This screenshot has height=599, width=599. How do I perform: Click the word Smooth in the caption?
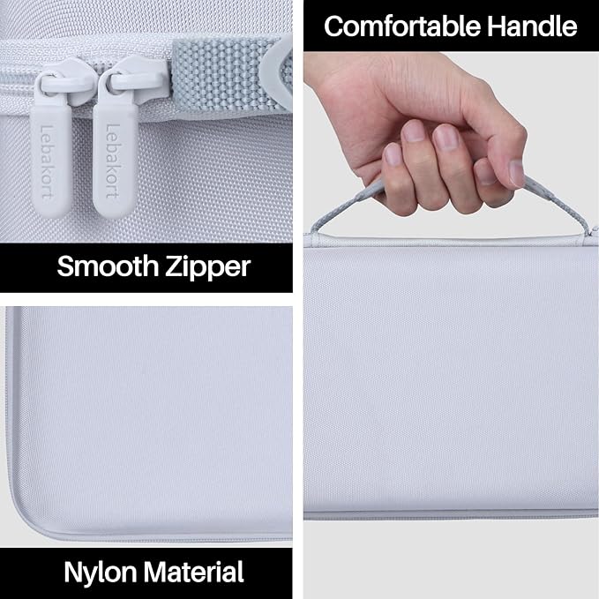(x=108, y=266)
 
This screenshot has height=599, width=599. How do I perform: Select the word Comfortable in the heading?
(x=401, y=26)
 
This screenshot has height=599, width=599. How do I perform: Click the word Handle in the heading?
(x=532, y=26)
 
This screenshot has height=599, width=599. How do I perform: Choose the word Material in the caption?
(x=194, y=572)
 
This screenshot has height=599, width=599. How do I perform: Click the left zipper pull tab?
(x=50, y=157)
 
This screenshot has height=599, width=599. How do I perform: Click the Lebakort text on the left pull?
(x=47, y=161)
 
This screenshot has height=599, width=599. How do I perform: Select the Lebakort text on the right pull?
(x=113, y=161)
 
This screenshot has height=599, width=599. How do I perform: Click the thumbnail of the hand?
(x=516, y=173)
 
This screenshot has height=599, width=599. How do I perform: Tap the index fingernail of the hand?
(x=446, y=137)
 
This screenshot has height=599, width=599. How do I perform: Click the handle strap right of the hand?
(x=558, y=206)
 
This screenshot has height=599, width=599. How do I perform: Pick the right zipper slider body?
(x=134, y=79)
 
